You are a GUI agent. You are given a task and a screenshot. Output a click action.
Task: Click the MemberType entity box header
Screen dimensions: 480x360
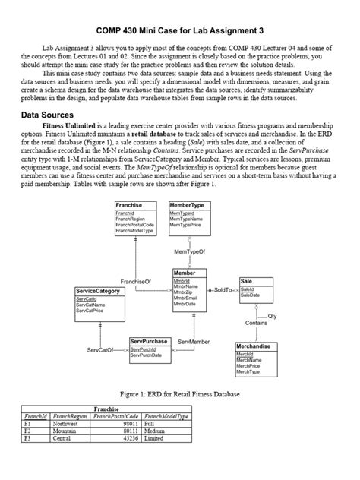187,205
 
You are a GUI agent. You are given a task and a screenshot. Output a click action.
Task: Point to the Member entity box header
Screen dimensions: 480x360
185,273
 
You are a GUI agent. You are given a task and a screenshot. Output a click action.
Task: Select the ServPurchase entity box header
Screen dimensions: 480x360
149,341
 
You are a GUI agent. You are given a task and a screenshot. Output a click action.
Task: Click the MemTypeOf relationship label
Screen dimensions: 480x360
190,250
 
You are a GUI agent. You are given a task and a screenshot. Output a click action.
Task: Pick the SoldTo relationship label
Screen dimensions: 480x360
223,290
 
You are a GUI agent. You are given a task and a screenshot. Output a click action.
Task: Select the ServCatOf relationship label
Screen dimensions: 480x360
99,350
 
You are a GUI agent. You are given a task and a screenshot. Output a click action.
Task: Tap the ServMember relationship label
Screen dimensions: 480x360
194,343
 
